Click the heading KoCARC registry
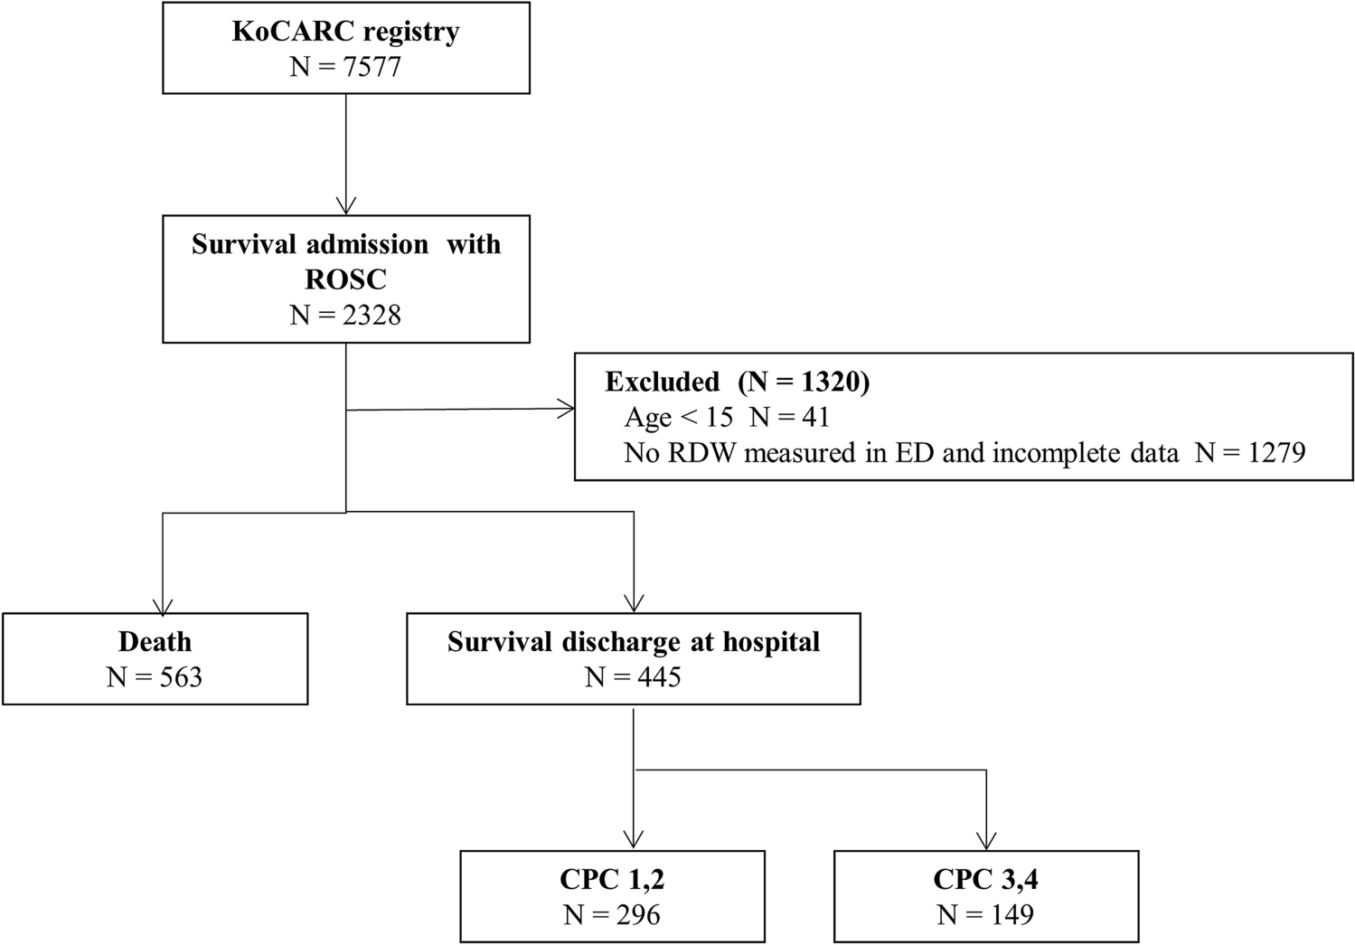[345, 32]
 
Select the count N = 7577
[345, 67]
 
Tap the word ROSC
[345, 279]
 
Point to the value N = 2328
[345, 315]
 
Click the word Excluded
[662, 382]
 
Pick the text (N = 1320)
[804, 382]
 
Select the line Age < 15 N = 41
[726, 417]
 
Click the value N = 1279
[1249, 452]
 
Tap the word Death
[155, 642]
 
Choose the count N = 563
[155, 677]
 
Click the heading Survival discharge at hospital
[633, 642]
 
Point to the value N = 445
[633, 677]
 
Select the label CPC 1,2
[612, 879]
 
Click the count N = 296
[612, 914]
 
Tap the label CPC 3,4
[985, 879]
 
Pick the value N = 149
[985, 914]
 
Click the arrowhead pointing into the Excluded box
[567, 410]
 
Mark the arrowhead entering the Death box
[163, 606]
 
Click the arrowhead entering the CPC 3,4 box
[986, 840]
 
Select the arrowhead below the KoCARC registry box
[346, 206]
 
